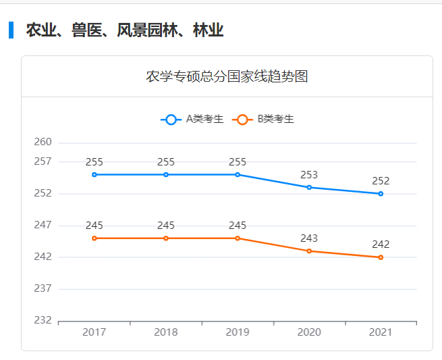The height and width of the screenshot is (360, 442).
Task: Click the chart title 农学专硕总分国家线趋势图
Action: pos(227,76)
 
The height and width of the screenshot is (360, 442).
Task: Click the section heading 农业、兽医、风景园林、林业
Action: pos(124,30)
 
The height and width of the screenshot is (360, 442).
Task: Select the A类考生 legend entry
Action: pos(192,120)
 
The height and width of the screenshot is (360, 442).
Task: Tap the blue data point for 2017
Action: pos(94,175)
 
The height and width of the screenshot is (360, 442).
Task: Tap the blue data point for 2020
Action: pos(309,187)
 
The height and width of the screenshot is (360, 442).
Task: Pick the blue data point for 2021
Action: pos(381,194)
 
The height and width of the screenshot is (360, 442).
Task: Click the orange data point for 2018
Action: pos(166,238)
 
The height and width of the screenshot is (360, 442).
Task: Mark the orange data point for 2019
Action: pos(238,238)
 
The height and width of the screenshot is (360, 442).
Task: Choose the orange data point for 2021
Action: pos(381,257)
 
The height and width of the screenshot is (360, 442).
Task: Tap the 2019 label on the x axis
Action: pos(238,333)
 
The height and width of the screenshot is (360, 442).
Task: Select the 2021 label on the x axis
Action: pos(381,333)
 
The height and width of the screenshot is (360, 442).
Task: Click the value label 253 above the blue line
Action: pos(309,175)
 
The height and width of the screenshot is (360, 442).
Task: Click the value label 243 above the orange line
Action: pos(309,238)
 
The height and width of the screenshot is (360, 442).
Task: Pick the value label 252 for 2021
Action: pos(381,181)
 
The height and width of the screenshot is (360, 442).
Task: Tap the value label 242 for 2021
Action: pos(381,245)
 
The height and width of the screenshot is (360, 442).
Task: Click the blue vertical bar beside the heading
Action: pos(11,30)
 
